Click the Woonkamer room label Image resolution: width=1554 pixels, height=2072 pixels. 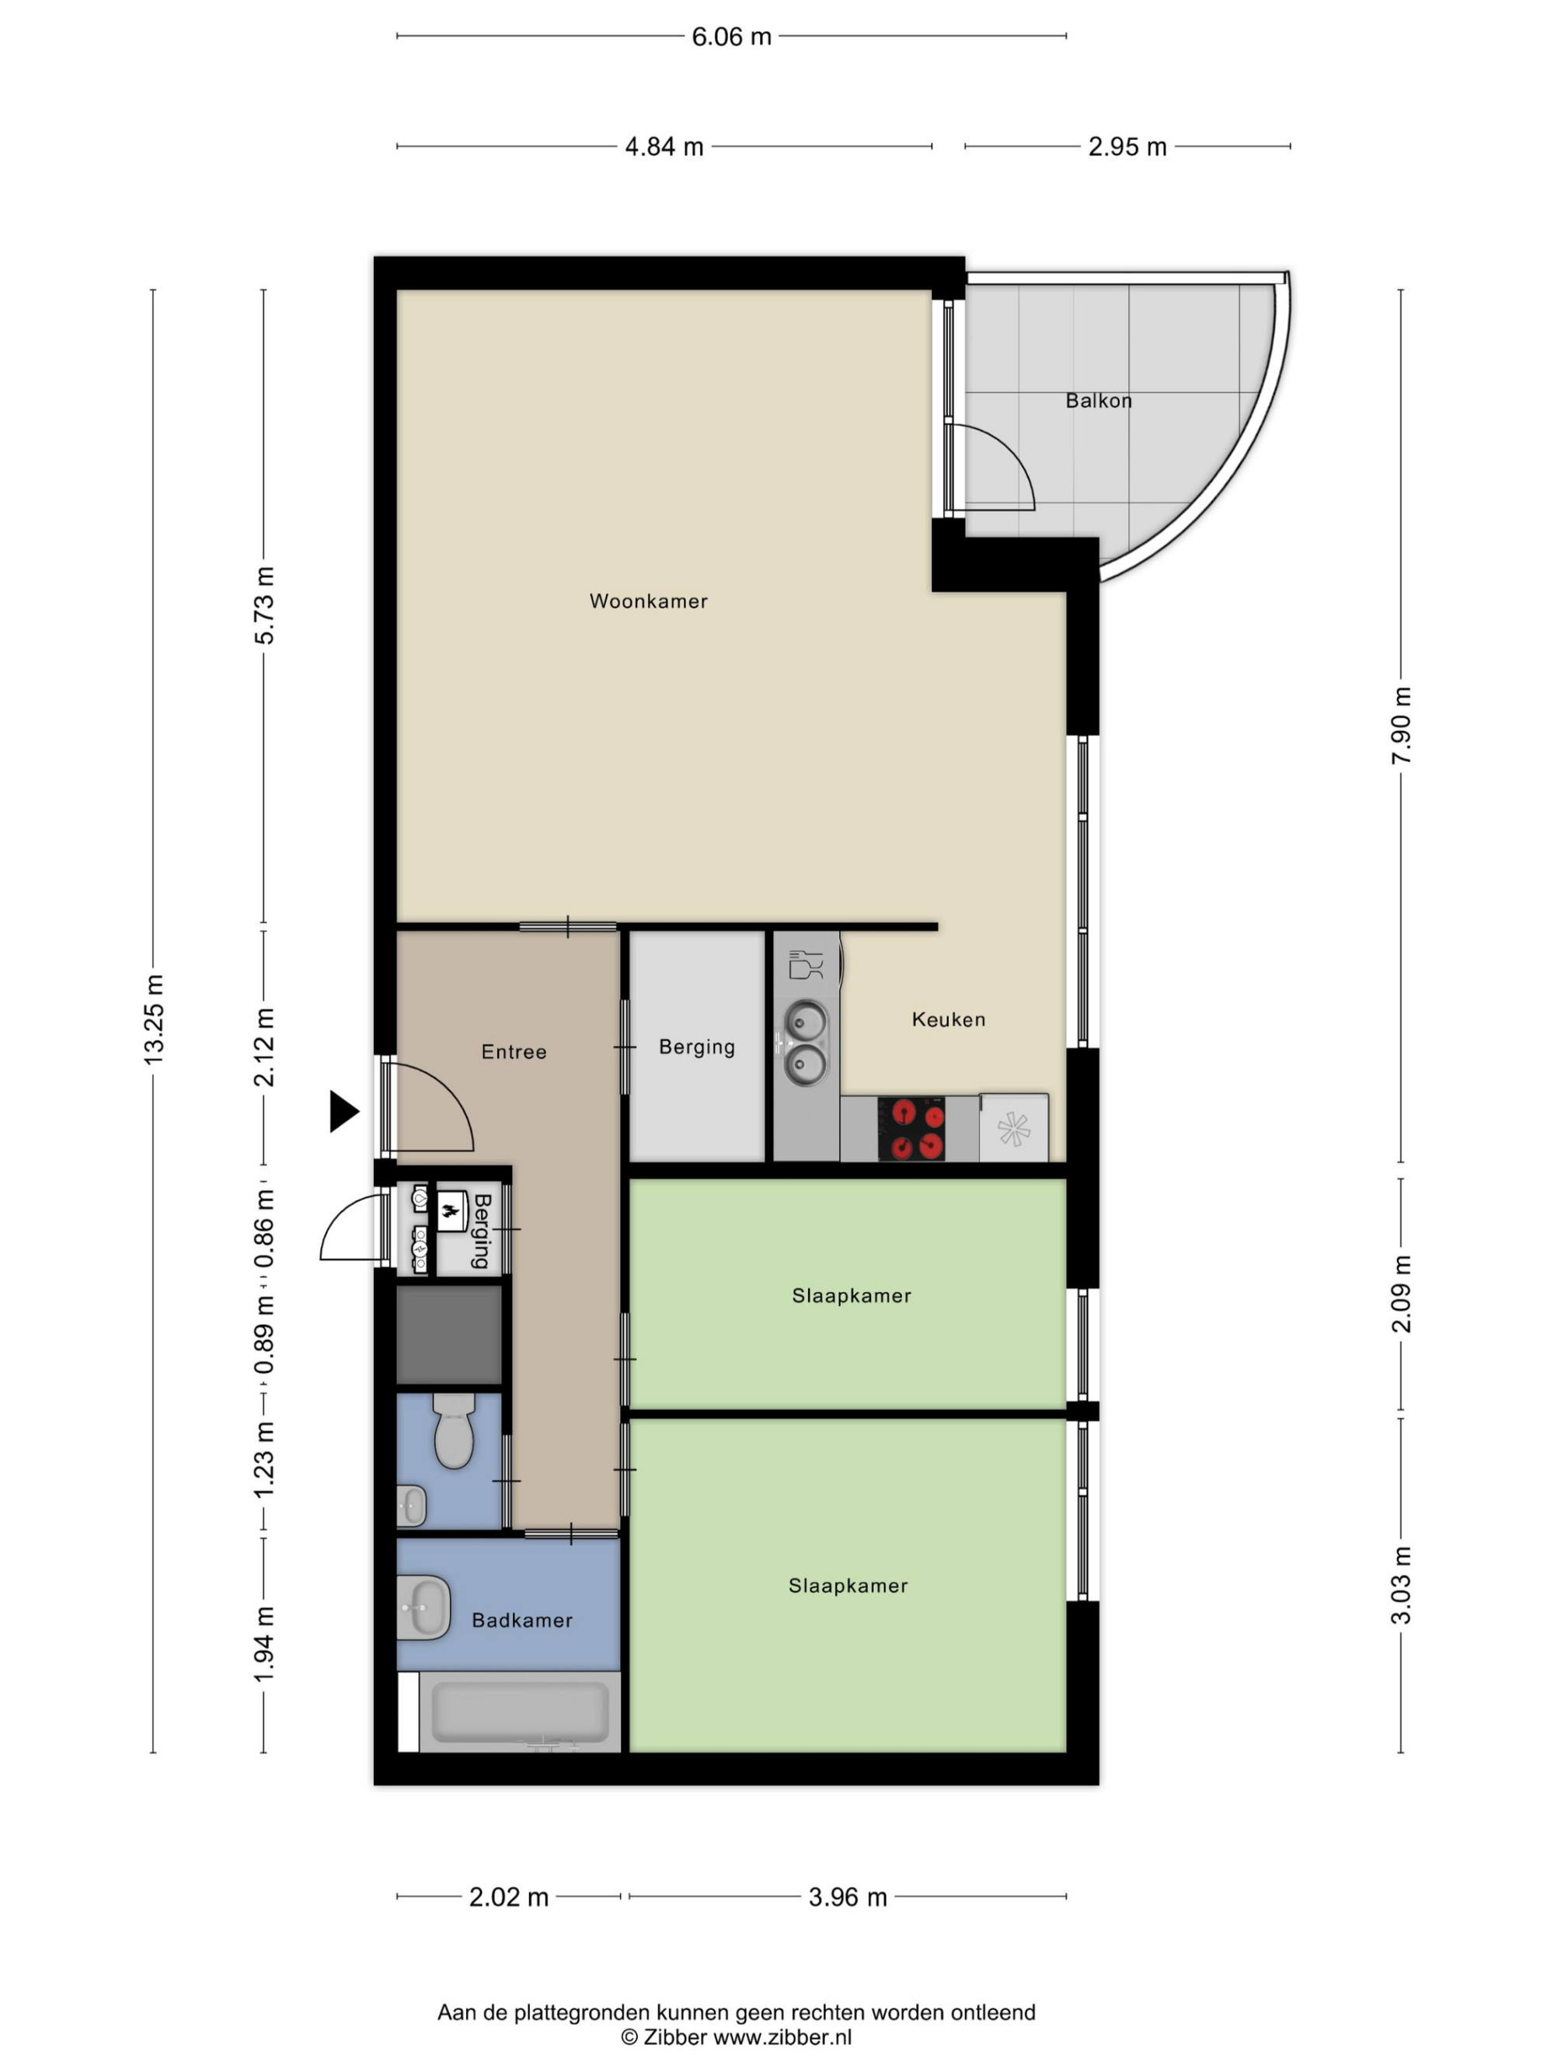(x=648, y=601)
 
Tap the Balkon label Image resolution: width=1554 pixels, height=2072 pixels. (x=1099, y=401)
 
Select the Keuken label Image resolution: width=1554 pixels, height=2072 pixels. (x=949, y=1019)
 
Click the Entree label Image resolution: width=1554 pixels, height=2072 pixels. (x=514, y=1052)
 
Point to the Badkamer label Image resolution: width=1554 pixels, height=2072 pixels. (x=521, y=1621)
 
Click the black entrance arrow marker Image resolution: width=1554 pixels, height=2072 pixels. (x=343, y=1112)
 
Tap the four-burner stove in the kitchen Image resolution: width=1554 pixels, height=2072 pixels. (x=911, y=1129)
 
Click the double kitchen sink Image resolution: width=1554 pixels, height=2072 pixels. (x=805, y=1043)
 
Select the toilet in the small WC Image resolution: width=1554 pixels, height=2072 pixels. (x=455, y=1430)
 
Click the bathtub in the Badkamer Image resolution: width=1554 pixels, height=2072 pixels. (x=520, y=1712)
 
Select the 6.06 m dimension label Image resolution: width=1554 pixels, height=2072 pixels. (x=732, y=37)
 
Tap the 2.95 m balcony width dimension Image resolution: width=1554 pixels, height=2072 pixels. (x=1127, y=147)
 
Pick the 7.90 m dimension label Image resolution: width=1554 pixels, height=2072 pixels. (x=1401, y=726)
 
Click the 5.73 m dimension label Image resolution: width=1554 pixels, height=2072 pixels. (x=265, y=605)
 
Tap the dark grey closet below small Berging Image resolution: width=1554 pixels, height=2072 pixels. (x=450, y=1335)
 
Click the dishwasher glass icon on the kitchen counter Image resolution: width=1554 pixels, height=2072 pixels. (x=806, y=964)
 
